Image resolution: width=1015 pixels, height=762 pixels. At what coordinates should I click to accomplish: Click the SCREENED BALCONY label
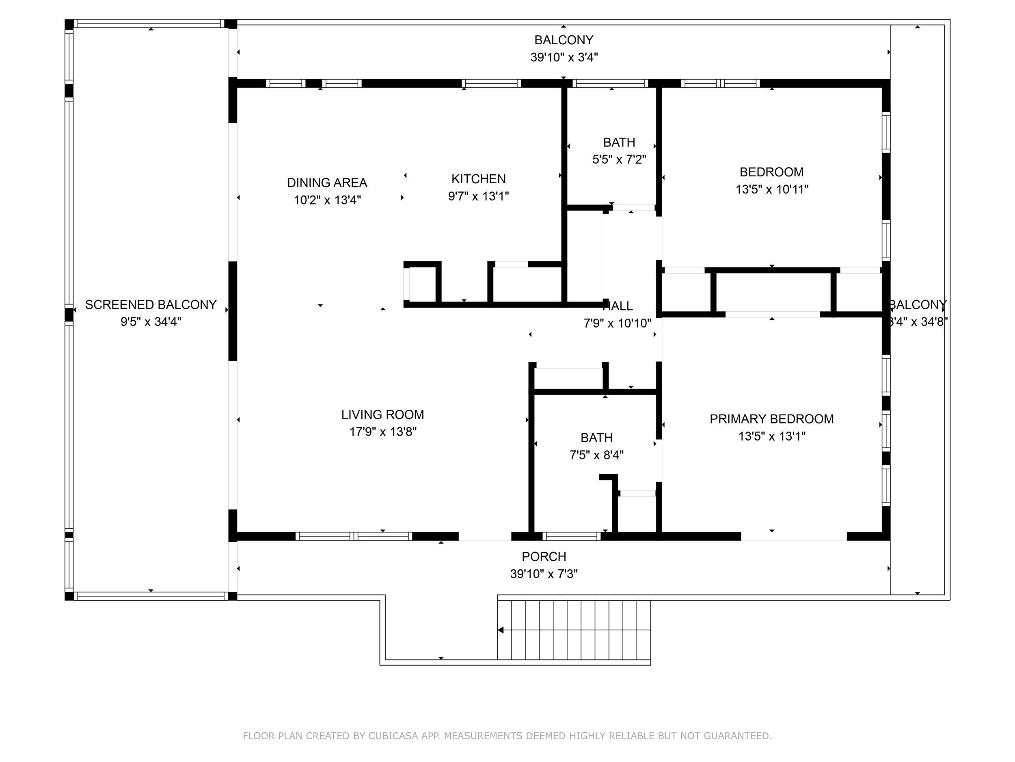[151, 304]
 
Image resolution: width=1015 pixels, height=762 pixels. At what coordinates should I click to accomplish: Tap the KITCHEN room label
[478, 179]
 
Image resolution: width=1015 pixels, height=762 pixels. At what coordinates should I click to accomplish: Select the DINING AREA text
[327, 183]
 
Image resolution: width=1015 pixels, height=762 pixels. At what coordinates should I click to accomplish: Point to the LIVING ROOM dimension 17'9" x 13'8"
[383, 432]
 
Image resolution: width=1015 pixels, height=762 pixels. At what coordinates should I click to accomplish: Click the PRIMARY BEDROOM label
[771, 419]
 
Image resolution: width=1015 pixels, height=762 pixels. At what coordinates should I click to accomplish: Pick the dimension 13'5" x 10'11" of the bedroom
[772, 189]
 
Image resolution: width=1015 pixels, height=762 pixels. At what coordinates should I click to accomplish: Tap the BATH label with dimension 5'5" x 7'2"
[619, 142]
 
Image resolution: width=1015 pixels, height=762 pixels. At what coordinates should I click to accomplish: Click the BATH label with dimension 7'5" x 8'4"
[596, 438]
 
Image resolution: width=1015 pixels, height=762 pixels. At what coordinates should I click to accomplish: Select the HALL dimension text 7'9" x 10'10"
[617, 323]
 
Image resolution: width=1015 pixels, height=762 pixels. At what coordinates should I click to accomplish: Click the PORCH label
[544, 557]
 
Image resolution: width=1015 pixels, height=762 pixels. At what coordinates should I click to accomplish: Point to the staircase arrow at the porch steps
[501, 630]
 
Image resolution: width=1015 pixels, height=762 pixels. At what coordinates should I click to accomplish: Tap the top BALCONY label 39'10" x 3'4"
[564, 40]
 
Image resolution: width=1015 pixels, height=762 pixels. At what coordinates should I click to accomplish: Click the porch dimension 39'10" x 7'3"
[544, 574]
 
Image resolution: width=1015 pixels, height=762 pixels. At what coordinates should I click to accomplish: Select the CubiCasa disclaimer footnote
[507, 736]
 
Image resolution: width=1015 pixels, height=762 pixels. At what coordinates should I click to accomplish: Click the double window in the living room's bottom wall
[353, 536]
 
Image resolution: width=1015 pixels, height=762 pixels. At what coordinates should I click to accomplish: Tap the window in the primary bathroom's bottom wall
[571, 536]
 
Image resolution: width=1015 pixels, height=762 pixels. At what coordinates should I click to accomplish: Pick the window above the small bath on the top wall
[610, 83]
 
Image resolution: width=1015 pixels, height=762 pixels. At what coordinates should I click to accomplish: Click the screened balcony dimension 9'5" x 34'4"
[151, 321]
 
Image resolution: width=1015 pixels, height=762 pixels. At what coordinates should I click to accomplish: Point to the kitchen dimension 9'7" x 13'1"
[478, 196]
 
